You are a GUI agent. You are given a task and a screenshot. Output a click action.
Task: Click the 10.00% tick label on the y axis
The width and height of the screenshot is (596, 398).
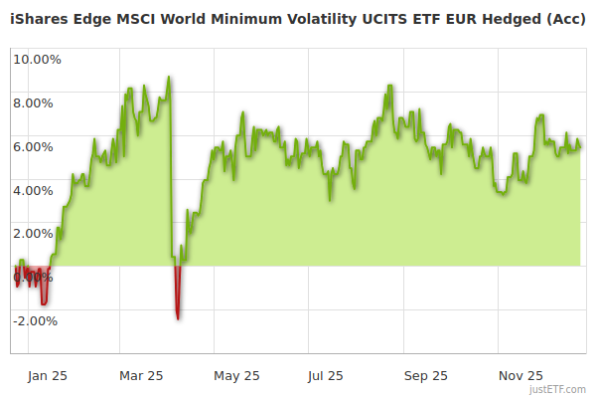(x=37, y=59)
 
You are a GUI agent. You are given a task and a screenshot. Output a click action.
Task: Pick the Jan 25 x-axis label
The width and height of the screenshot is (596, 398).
(x=47, y=376)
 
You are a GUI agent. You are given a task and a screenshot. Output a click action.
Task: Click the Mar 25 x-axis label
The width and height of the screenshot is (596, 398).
(x=141, y=376)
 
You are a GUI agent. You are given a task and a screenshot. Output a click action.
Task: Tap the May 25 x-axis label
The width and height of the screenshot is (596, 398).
(x=236, y=376)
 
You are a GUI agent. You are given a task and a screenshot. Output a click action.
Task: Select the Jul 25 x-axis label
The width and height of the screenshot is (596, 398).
(x=325, y=376)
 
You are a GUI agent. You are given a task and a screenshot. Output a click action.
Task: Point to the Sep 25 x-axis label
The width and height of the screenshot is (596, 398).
(x=426, y=376)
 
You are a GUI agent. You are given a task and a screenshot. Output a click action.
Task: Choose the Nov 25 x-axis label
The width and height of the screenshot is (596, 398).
(x=521, y=376)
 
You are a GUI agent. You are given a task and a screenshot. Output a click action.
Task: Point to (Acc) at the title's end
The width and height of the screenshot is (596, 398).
(x=564, y=19)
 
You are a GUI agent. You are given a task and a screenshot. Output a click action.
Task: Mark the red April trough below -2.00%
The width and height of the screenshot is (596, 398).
(x=178, y=316)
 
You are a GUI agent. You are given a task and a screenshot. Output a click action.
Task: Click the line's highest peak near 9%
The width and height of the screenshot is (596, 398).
(x=170, y=78)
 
